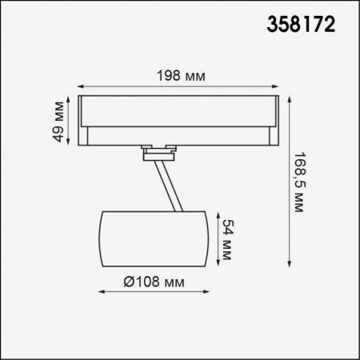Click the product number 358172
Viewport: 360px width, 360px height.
coord(299,25)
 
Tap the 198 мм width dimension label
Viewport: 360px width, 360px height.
coord(182,77)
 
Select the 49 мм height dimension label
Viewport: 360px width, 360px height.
coord(58,119)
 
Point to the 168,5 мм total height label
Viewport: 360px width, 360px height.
coord(298,182)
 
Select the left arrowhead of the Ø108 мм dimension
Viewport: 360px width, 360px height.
coord(100,293)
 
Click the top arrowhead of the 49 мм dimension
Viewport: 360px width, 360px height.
coord(70,98)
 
